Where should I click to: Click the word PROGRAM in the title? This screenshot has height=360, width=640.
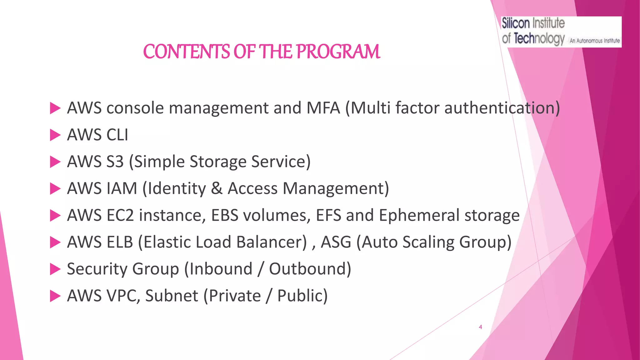pos(338,52)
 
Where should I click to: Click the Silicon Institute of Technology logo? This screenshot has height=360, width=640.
pos(561,32)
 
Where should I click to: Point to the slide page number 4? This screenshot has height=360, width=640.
pos(480,327)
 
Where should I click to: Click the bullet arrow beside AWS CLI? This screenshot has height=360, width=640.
pos(55,135)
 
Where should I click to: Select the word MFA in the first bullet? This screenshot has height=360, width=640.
pos(323,108)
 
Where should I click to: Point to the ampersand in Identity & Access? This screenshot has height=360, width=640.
pos(217,189)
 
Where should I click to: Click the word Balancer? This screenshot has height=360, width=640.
pos(271,242)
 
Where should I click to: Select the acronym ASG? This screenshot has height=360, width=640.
pos(336,242)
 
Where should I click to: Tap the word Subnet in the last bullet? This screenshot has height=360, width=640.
pos(172,296)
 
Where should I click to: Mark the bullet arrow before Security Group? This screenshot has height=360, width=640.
pos(55,269)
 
